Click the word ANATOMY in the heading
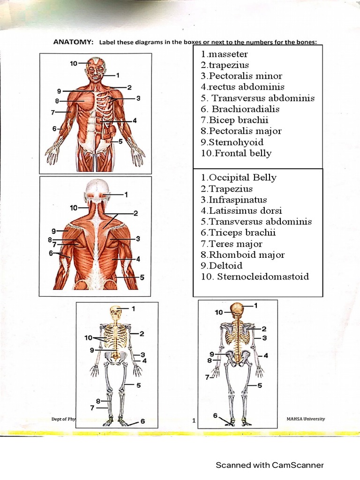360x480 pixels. (x=73, y=42)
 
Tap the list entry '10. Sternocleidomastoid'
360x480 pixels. (x=255, y=277)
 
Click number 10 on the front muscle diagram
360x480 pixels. (x=74, y=62)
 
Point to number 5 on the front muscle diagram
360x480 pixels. (x=120, y=141)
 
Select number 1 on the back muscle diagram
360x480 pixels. (x=126, y=194)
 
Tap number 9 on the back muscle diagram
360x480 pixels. (x=54, y=231)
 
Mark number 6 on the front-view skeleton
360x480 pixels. (x=142, y=421)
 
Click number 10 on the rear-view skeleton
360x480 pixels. (x=218, y=312)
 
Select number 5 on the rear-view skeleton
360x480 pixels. (x=259, y=385)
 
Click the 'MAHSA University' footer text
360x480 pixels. (x=305, y=419)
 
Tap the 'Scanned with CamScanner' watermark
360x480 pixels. (x=270, y=465)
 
